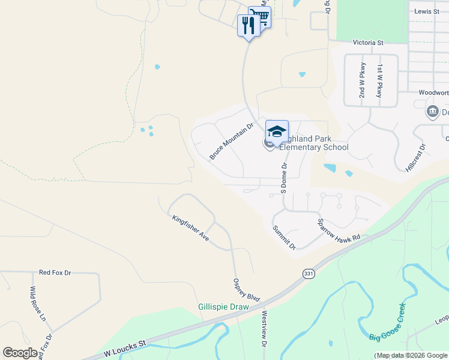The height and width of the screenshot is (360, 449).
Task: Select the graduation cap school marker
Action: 277,131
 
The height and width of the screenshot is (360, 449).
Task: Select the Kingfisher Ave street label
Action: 190,228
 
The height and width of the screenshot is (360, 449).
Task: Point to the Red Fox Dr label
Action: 55,273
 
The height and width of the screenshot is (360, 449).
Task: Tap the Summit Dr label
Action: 284,238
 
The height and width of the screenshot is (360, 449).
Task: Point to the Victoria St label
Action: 368,43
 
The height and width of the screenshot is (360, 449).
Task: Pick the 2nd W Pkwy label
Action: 362,80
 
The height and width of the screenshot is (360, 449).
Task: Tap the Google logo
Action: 20,353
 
